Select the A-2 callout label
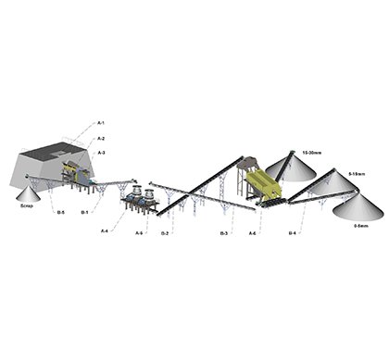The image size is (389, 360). (x=101, y=137)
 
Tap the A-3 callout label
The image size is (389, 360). (x=101, y=153)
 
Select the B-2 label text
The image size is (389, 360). (x=164, y=233)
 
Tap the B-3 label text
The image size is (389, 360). (x=224, y=233)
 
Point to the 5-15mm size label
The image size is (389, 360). (x=357, y=173)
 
